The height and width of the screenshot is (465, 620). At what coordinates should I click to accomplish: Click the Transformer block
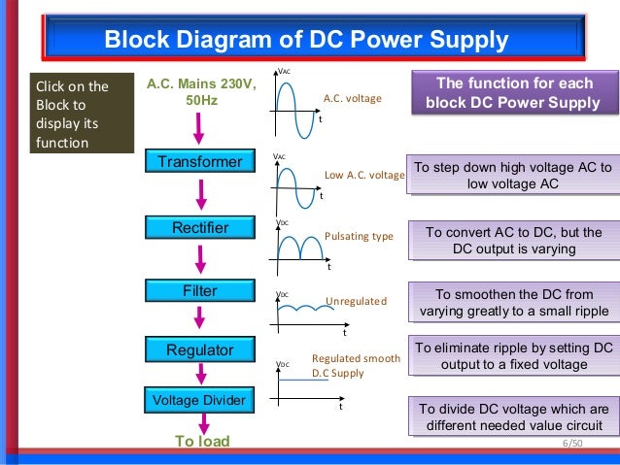pyautogui.click(x=199, y=161)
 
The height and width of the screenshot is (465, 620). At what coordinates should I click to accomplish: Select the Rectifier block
pyautogui.click(x=199, y=228)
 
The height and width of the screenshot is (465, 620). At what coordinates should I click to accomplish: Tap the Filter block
pyautogui.click(x=199, y=291)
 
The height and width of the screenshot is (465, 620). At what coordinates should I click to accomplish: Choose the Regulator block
pyautogui.click(x=199, y=349)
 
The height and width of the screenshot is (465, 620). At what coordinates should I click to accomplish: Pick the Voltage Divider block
pyautogui.click(x=199, y=399)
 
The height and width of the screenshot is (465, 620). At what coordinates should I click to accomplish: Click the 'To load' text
pyautogui.click(x=202, y=442)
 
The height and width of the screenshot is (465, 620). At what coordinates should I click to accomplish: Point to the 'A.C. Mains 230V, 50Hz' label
pyautogui.click(x=201, y=93)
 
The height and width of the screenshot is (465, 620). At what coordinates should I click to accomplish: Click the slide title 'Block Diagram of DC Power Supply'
pyautogui.click(x=306, y=41)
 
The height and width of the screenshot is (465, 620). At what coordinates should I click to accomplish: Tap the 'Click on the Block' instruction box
pyautogui.click(x=82, y=116)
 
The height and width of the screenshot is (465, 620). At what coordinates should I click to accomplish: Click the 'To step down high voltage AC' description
pyautogui.click(x=512, y=176)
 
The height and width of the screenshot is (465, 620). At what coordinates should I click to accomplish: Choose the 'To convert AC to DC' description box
pyautogui.click(x=513, y=241)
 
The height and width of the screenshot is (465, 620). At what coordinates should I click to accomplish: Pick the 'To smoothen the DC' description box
pyautogui.click(x=513, y=303)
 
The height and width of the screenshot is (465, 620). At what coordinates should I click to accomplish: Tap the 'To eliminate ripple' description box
pyautogui.click(x=513, y=356)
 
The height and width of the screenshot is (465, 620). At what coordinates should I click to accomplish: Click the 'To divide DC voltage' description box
pyautogui.click(x=513, y=417)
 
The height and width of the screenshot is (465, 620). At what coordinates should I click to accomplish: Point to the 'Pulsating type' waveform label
pyautogui.click(x=358, y=236)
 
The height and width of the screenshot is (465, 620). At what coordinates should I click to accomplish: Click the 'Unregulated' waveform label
pyautogui.click(x=356, y=302)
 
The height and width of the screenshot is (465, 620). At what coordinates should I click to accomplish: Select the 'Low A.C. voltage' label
pyautogui.click(x=363, y=176)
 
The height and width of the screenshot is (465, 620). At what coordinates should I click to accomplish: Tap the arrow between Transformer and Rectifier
pyautogui.click(x=200, y=194)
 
